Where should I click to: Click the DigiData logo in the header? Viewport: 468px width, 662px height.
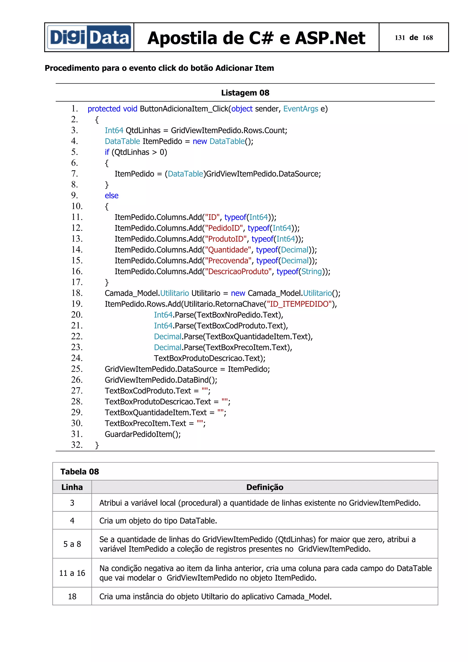tap(89, 37)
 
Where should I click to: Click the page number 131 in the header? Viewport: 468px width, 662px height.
tap(400, 38)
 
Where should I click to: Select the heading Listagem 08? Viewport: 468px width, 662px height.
tap(245, 93)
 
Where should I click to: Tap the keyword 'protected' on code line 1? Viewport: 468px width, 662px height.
tap(104, 109)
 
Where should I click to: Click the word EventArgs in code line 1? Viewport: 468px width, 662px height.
tap(300, 109)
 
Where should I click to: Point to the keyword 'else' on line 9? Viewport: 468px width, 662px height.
tap(112, 196)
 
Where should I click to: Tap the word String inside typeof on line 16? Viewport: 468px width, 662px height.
tap(311, 272)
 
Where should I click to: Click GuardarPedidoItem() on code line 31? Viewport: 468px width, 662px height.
tap(143, 434)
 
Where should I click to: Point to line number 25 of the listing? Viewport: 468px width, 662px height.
tap(77, 369)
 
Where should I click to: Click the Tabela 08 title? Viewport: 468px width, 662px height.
tap(80, 472)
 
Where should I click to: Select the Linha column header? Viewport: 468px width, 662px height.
tap(72, 487)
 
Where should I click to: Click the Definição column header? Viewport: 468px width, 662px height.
tap(265, 487)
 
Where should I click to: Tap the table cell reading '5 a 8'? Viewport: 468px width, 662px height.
tap(72, 544)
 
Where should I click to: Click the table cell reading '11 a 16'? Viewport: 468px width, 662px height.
tap(72, 573)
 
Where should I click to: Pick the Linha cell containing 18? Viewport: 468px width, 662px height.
tap(72, 596)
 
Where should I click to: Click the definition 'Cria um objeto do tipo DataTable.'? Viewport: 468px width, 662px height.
tap(158, 521)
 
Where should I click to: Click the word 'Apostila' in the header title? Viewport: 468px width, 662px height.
tap(182, 38)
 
